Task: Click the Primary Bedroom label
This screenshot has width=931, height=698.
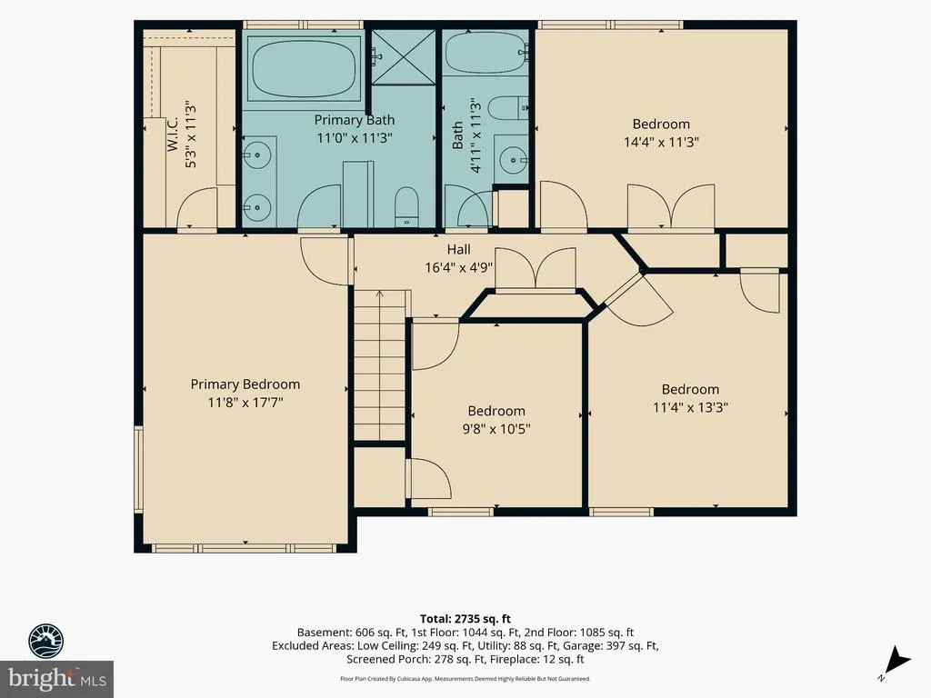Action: (245, 384)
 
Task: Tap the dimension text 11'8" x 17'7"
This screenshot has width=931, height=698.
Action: (245, 403)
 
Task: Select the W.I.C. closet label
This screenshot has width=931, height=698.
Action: (173, 134)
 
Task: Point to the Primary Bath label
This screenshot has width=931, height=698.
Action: (354, 120)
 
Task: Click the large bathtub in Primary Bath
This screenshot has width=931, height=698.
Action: (304, 67)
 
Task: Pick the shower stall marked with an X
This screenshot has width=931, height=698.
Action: (404, 56)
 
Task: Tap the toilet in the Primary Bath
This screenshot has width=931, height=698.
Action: (406, 206)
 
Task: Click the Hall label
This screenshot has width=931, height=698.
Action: (459, 250)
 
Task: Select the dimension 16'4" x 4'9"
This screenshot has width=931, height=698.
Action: (459, 268)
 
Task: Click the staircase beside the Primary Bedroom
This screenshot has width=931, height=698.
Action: (380, 365)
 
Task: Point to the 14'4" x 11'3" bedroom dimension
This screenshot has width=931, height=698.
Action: (661, 142)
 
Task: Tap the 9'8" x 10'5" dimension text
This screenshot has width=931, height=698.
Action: (496, 429)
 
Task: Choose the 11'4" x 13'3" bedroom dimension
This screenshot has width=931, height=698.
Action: (690, 407)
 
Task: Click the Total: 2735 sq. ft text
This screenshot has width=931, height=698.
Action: (465, 619)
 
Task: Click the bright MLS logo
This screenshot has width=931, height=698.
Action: (56, 678)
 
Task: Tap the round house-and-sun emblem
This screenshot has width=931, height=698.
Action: (46, 641)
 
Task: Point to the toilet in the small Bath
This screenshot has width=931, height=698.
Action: (507, 107)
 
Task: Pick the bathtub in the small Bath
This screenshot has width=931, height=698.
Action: (486, 52)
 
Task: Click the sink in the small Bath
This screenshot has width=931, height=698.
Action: (511, 159)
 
